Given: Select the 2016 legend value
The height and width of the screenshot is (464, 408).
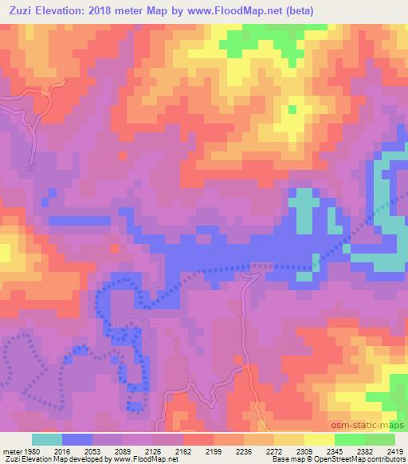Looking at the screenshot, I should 61,451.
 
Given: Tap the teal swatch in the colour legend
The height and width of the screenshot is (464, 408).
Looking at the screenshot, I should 47,439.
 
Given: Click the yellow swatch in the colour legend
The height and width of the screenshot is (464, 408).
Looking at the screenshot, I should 319,439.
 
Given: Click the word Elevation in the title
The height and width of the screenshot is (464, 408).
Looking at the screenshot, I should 65,10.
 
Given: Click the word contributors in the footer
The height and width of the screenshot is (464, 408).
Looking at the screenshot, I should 388,460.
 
